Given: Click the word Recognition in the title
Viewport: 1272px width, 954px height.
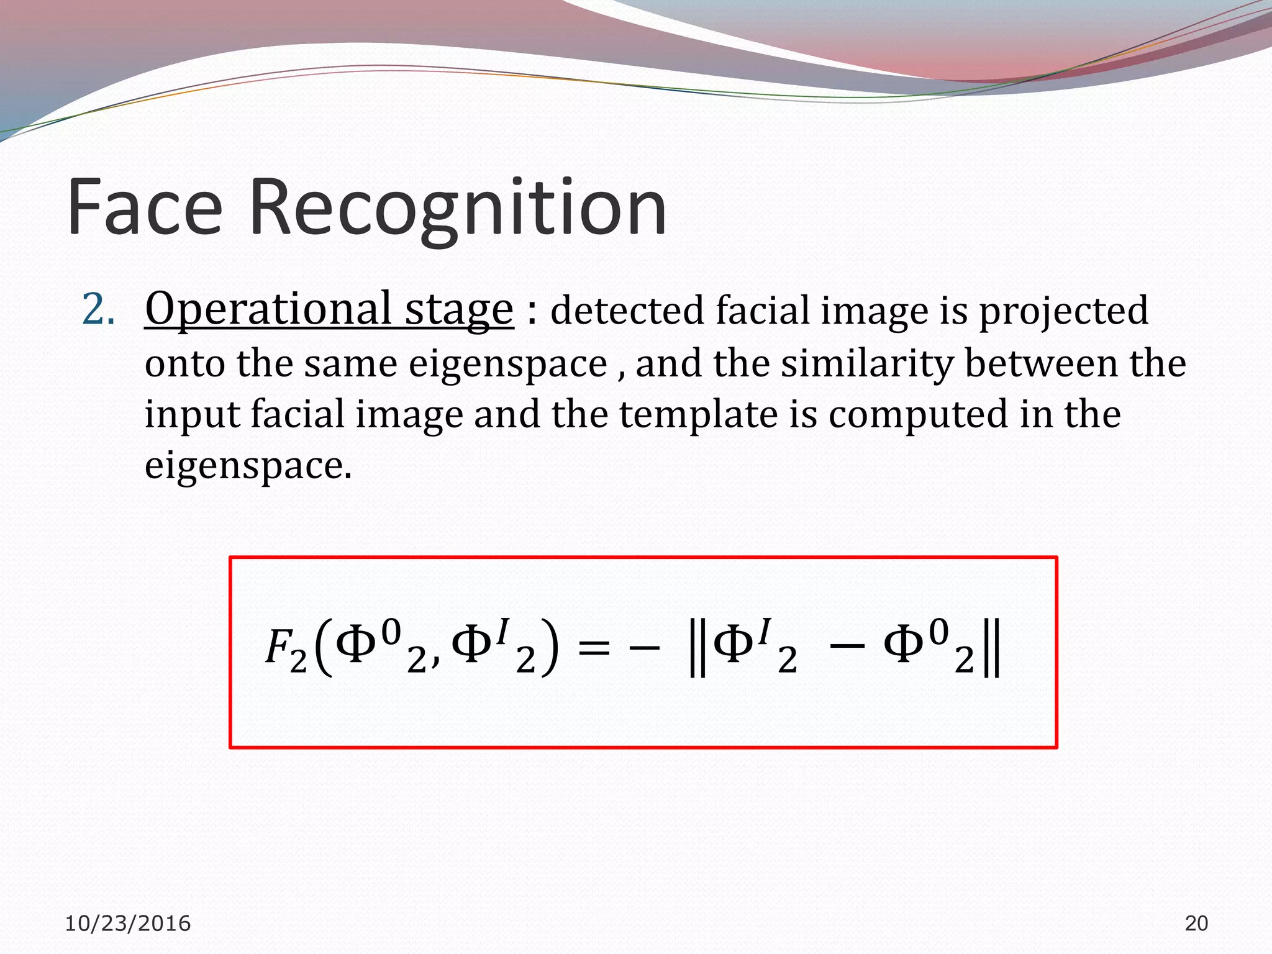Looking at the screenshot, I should click(x=458, y=209).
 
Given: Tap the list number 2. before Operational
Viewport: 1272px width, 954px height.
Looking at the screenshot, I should click(x=99, y=311).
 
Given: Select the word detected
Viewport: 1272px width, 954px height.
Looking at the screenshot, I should click(x=627, y=311).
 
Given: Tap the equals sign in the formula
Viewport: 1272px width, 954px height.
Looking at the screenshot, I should click(x=593, y=649).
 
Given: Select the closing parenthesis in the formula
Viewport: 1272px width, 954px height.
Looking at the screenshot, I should click(x=549, y=649).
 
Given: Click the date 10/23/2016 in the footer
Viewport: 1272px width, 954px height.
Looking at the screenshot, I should click(x=128, y=924).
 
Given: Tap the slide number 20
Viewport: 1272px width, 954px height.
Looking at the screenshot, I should click(x=1196, y=924).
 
